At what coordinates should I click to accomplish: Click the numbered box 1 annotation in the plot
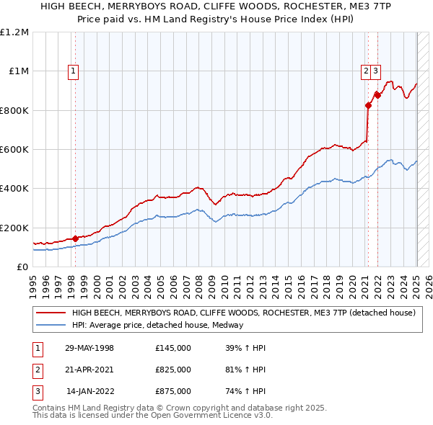(74, 71)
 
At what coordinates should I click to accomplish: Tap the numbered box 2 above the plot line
(367, 71)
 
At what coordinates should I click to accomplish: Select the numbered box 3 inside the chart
(377, 71)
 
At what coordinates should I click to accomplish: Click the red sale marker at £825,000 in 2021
(368, 106)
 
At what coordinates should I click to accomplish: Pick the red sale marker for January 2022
(377, 95)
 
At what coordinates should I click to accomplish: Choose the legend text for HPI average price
(157, 325)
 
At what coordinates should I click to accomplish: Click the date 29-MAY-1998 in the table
(89, 348)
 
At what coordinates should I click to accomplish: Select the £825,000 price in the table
(172, 370)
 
